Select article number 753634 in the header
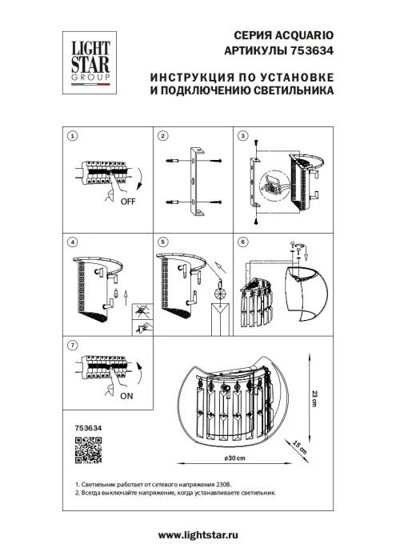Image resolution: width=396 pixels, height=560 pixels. [312, 52]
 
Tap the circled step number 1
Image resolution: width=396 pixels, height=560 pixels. [72, 136]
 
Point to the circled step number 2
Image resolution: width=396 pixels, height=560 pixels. [162, 136]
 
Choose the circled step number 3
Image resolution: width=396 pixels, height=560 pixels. [245, 136]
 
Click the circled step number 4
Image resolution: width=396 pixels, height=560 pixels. [72, 242]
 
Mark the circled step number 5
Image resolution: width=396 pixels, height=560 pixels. [162, 242]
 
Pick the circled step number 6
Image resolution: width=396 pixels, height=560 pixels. [245, 242]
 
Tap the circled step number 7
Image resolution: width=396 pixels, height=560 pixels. [72, 345]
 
